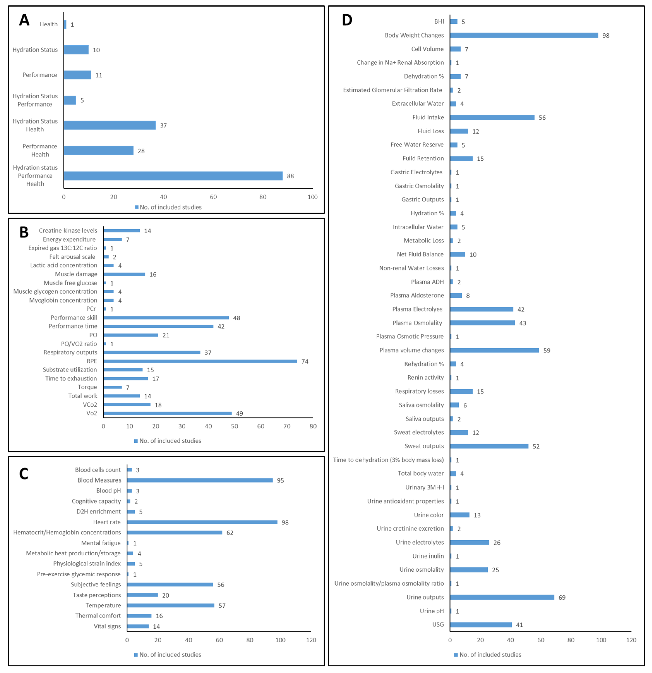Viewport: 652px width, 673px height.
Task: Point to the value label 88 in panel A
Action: point(290,176)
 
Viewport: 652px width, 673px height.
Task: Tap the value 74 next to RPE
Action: point(305,361)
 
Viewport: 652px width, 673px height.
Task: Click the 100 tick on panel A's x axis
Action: point(312,197)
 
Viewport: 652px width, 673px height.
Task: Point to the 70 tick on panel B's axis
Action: point(287,426)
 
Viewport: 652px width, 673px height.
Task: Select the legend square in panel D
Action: point(456,655)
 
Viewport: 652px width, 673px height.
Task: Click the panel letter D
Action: point(347,20)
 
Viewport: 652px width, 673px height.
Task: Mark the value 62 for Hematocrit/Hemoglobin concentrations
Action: point(230,533)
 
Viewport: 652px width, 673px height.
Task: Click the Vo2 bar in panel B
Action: point(167,413)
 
